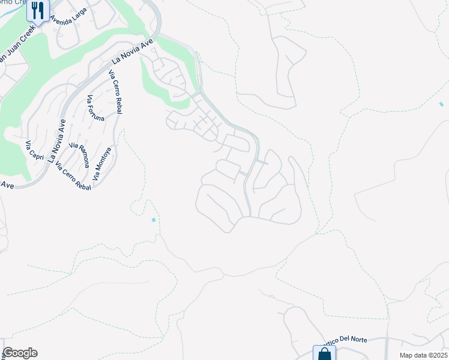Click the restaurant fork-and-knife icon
click(x=38, y=10)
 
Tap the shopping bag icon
click(x=324, y=353)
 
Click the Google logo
click(x=20, y=353)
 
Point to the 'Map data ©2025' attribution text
click(x=423, y=355)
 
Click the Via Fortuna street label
click(x=95, y=109)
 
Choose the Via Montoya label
click(x=103, y=164)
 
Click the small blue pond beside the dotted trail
click(x=154, y=220)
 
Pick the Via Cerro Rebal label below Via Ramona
click(x=73, y=173)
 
